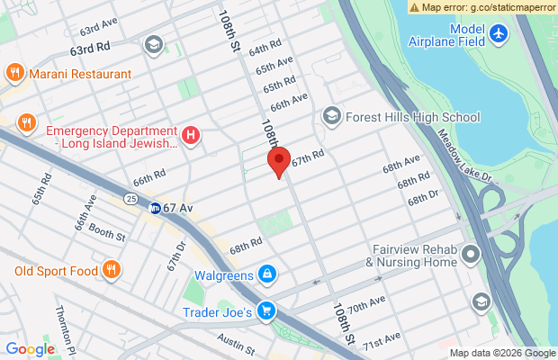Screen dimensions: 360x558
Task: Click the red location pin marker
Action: point(279,162)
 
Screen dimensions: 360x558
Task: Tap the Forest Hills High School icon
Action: point(332,117)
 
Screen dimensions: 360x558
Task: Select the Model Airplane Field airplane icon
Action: point(501,34)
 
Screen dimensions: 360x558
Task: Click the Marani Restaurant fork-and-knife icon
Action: point(14,73)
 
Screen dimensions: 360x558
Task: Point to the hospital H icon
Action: point(190,136)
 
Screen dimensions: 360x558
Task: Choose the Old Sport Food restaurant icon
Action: point(111,268)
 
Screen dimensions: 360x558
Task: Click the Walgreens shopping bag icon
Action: point(267,274)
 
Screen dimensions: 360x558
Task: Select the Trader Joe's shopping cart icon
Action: point(265,312)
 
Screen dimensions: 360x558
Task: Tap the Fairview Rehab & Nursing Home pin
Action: point(471,256)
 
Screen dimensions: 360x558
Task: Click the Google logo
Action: point(31,349)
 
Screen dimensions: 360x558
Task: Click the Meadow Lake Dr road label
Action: point(478,154)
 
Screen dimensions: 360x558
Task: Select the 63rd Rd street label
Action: point(91,45)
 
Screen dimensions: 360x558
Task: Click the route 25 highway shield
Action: point(131,197)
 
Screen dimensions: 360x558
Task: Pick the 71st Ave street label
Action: point(381,339)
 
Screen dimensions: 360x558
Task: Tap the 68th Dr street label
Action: point(422,196)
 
